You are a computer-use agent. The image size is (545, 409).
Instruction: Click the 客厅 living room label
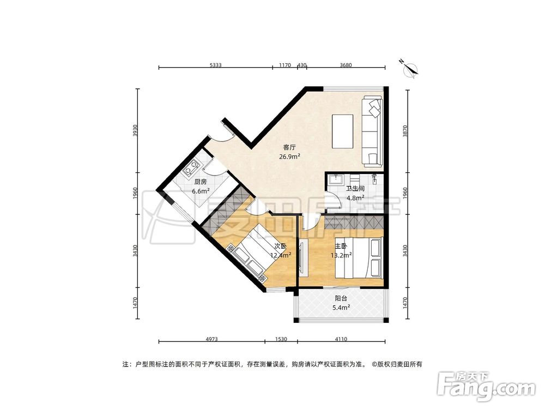pyautogui.click(x=289, y=147)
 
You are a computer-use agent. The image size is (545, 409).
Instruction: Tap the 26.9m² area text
pyautogui.click(x=289, y=156)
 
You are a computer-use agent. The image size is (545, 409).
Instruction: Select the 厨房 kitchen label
pyautogui.click(x=201, y=182)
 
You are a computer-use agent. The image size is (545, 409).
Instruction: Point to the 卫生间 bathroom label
pyautogui.click(x=355, y=189)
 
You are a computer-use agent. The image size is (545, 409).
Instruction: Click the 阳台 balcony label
pyautogui.click(x=342, y=298)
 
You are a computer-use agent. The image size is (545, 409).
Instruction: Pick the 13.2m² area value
pyautogui.click(x=341, y=255)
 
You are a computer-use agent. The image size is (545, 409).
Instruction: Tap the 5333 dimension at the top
pyautogui.click(x=215, y=65)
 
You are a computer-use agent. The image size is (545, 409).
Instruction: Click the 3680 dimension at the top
pyautogui.click(x=346, y=65)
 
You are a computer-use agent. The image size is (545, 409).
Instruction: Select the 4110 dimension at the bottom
pyautogui.click(x=342, y=339)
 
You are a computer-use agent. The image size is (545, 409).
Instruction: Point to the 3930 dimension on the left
pyautogui.click(x=136, y=131)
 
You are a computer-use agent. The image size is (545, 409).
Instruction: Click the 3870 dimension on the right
pyautogui.click(x=404, y=131)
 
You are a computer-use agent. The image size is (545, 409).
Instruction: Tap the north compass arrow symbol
pyautogui.click(x=410, y=68)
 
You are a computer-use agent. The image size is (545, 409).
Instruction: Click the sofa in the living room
pyautogui.click(x=373, y=131)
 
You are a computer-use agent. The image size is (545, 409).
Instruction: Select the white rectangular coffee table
pyautogui.click(x=343, y=131)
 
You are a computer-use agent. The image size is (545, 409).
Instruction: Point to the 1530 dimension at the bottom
pyautogui.click(x=281, y=339)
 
